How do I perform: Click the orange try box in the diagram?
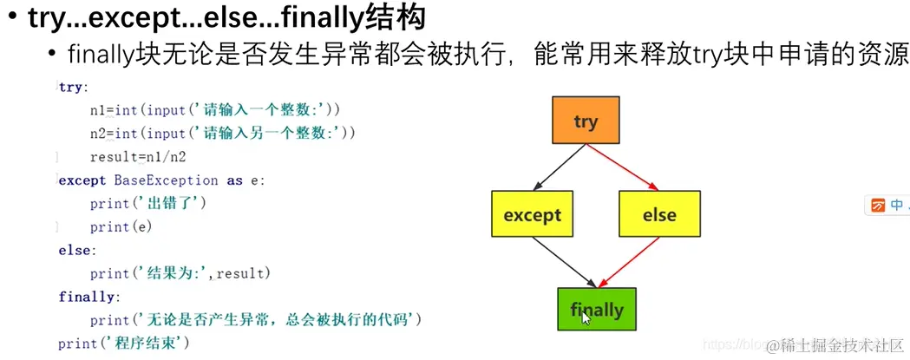[586, 121]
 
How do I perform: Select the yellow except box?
[532, 214]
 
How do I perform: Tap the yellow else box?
[659, 214]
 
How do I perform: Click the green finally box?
[596, 309]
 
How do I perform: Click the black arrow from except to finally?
[566, 263]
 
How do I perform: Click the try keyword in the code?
[72, 87]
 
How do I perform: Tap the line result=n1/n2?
[138, 157]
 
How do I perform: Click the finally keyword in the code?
[86, 297]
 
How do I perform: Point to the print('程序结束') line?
[123, 344]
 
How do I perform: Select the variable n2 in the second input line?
[97, 134]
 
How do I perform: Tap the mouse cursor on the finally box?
[586, 317]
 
